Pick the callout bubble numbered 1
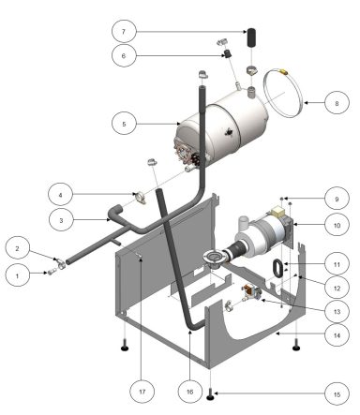tap(17, 274)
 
